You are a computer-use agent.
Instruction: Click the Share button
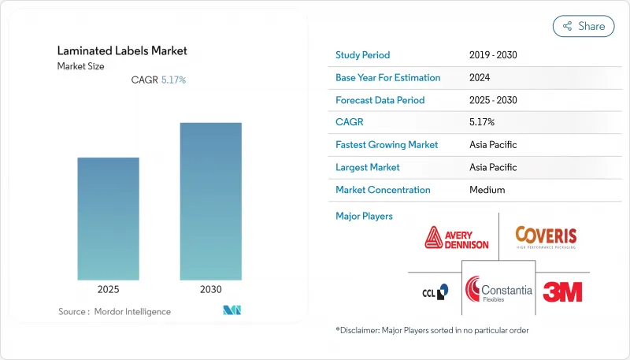(x=584, y=26)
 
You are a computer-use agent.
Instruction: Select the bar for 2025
(x=108, y=218)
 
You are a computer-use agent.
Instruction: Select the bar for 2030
(x=210, y=201)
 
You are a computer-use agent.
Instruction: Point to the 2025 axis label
(x=108, y=290)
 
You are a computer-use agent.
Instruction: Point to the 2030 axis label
(x=210, y=290)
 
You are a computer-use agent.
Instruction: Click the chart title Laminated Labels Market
(x=122, y=51)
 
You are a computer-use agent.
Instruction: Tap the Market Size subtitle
(x=80, y=66)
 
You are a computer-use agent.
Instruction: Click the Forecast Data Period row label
(x=380, y=100)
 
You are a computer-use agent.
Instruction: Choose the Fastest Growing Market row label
(x=387, y=145)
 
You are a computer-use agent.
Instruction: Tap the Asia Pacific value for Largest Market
(x=492, y=167)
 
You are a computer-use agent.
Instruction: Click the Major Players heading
(x=364, y=216)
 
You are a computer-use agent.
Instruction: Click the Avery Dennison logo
(x=457, y=237)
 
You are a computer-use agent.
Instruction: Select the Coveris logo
(x=546, y=237)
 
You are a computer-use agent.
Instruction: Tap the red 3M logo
(x=562, y=291)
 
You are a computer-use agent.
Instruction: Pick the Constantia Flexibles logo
(x=498, y=291)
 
